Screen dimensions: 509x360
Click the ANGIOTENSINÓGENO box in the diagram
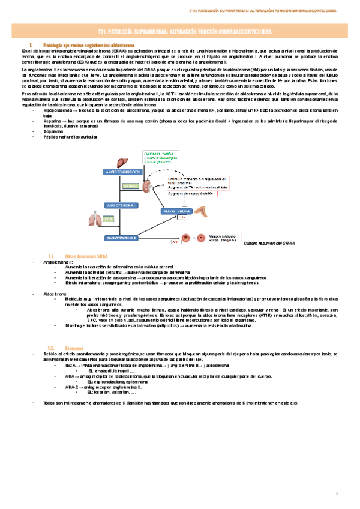click(x=123, y=172)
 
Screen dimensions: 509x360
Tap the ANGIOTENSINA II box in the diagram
click(x=122, y=238)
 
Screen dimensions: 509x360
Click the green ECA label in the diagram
click(x=124, y=220)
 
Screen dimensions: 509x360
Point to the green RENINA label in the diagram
click(x=131, y=187)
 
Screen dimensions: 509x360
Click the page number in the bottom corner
click(x=338, y=494)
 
